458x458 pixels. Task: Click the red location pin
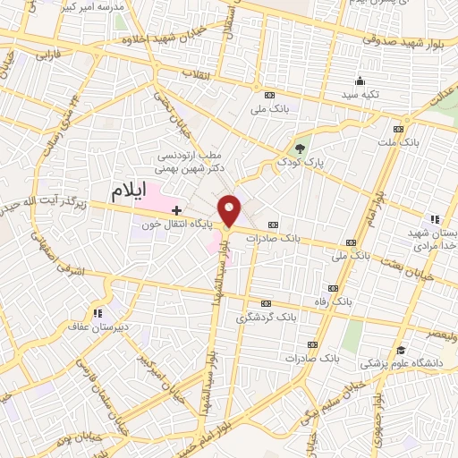[x=231, y=211]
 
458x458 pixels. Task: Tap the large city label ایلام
[x=132, y=191]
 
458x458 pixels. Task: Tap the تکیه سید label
[x=367, y=94]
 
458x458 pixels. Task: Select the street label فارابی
[x=45, y=55]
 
